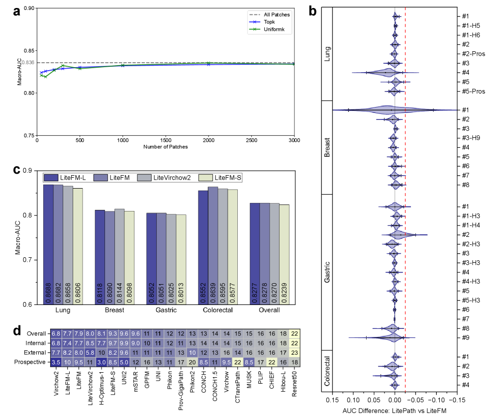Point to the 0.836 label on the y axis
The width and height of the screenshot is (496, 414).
[28, 63]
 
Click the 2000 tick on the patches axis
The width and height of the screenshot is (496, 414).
[208, 140]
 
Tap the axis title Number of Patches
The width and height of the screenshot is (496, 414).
[166, 147]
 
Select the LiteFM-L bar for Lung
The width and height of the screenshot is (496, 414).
[48, 244]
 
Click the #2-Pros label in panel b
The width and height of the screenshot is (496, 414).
[471, 54]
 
